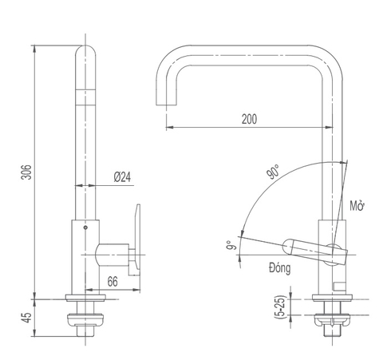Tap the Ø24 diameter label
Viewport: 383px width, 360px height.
point(122,177)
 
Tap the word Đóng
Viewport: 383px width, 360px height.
point(279,269)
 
